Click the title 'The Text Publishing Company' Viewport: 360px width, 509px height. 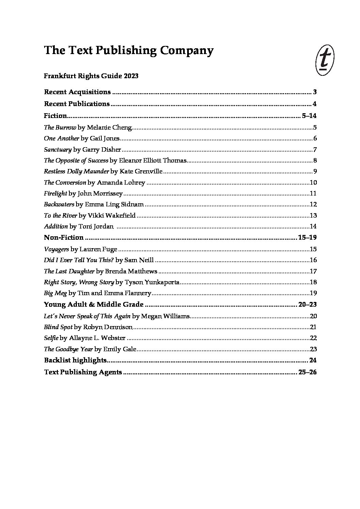[x=129, y=50]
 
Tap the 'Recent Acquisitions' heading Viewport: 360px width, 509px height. [x=77, y=92]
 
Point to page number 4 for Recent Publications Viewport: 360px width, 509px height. [x=315, y=104]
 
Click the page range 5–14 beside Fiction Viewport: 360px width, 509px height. [x=309, y=116]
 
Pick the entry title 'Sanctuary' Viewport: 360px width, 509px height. [x=58, y=150]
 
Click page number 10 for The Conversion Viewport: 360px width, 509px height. [x=313, y=183]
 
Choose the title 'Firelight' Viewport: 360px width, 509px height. [x=55, y=193]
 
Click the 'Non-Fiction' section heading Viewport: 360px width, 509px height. [x=64, y=237]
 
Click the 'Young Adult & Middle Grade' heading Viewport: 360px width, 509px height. [x=94, y=304]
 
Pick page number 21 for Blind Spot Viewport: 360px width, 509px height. [x=313, y=327]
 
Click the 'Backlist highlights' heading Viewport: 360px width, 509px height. [x=75, y=360]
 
